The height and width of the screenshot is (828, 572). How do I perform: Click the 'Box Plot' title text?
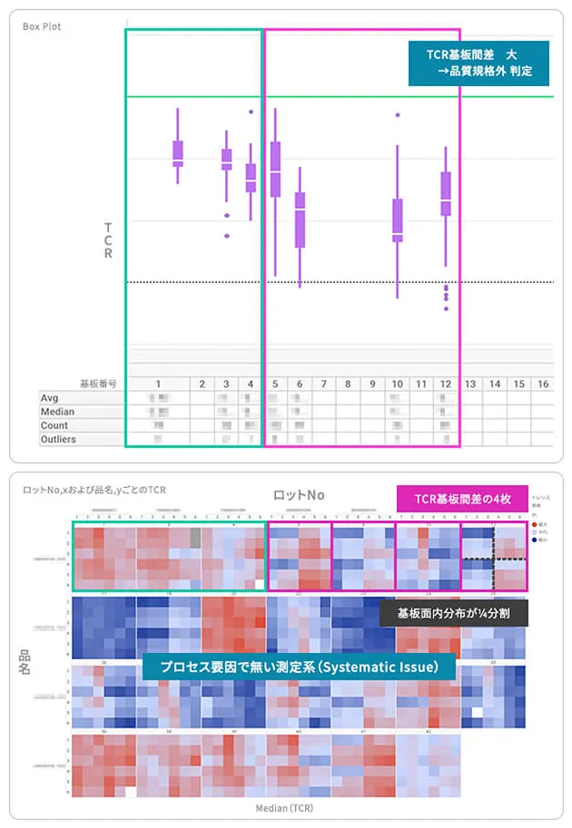[x=41, y=25]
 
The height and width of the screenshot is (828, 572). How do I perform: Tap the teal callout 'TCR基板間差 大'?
[x=478, y=63]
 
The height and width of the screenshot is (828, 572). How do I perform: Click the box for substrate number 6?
[x=300, y=219]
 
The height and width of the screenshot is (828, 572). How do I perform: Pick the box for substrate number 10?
[x=398, y=220]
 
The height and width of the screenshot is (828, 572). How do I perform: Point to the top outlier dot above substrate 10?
[x=398, y=115]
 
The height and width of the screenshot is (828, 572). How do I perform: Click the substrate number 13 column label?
[x=470, y=385]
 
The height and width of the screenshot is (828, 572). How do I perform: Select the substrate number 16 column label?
[x=542, y=385]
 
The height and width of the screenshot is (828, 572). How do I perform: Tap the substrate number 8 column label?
[x=348, y=385]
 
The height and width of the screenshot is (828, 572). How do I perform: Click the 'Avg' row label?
[x=50, y=398]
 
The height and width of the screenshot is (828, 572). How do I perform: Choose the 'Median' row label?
[x=57, y=412]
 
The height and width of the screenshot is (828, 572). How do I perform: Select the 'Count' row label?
[x=54, y=425]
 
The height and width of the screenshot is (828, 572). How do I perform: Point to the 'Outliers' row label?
[x=58, y=439]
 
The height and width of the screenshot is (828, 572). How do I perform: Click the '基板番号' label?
[x=98, y=385]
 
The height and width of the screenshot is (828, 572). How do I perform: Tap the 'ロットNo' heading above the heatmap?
[x=299, y=495]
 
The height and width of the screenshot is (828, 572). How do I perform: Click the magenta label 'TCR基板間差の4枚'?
[x=462, y=497]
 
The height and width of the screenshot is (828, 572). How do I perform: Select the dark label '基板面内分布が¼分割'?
[x=453, y=613]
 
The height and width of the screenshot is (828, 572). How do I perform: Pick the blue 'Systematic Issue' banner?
[x=298, y=667]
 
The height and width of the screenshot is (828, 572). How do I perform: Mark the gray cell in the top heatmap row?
[x=195, y=538]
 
